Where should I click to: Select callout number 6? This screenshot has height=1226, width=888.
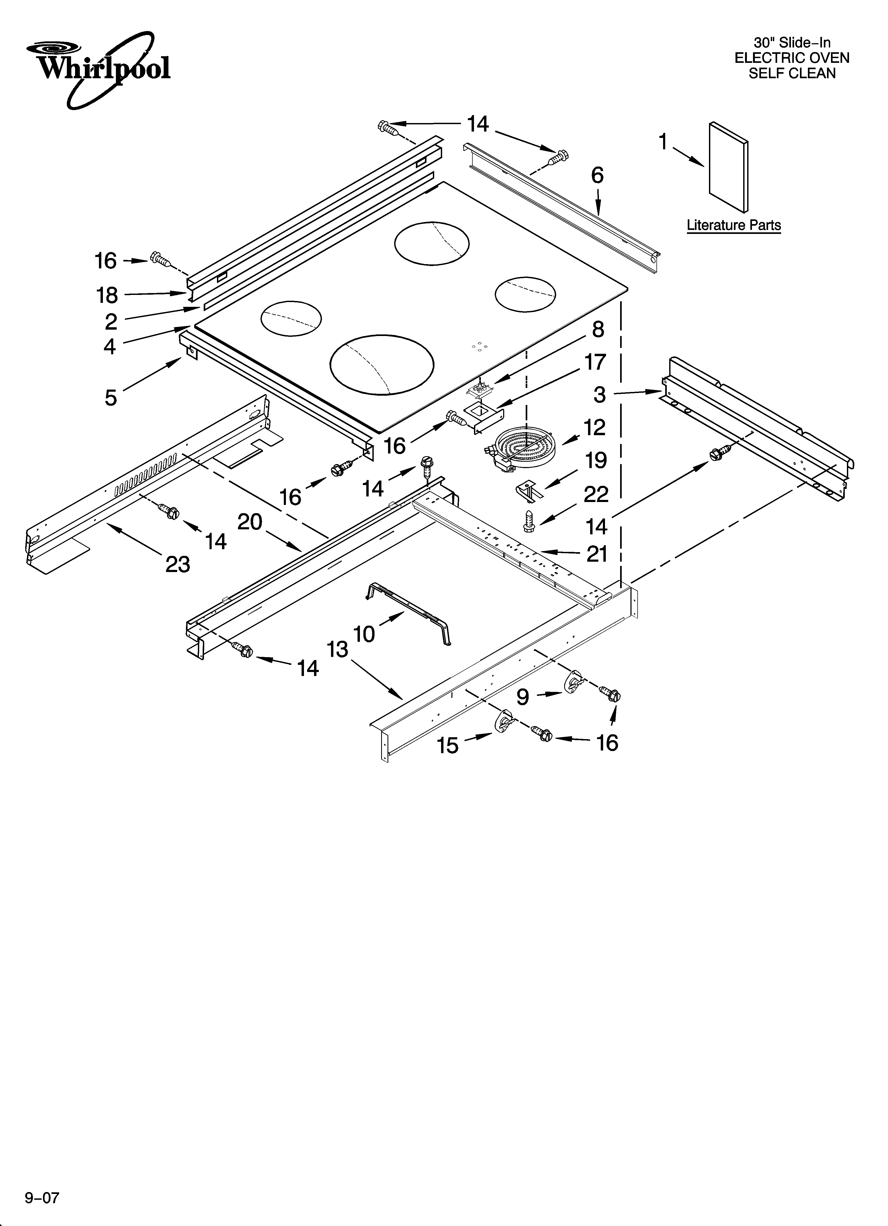[x=597, y=176]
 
